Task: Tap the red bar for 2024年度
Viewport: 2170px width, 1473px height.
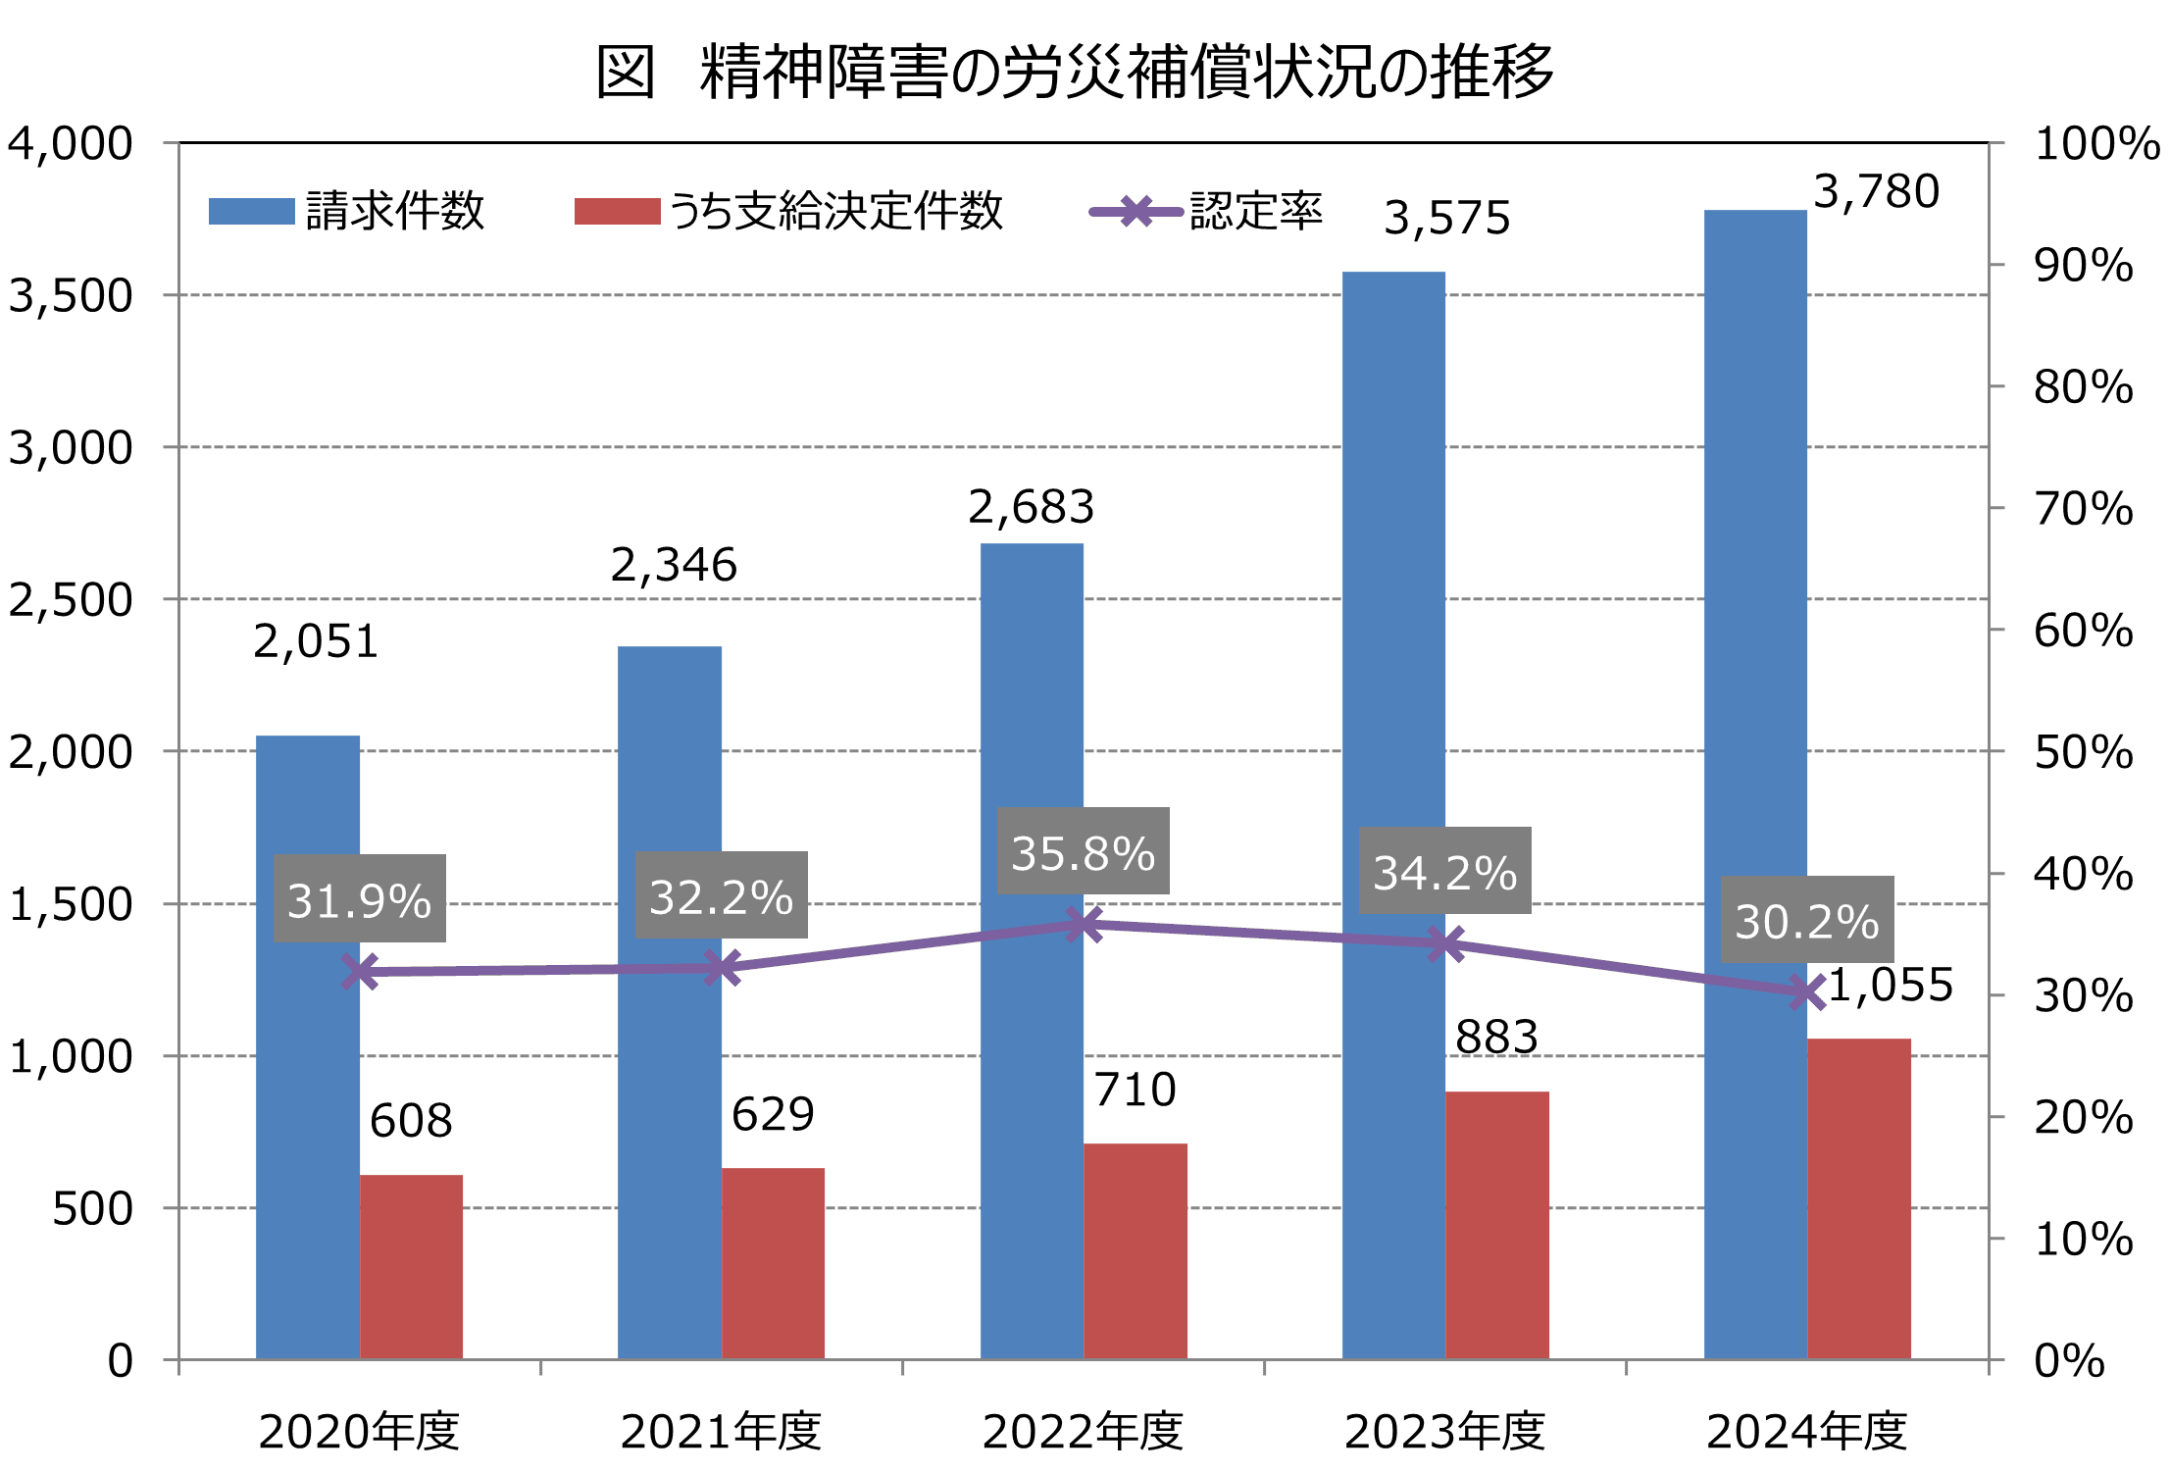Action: click(1859, 1198)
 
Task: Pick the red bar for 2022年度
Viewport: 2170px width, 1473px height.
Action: click(1135, 1250)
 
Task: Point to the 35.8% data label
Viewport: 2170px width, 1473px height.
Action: click(1084, 851)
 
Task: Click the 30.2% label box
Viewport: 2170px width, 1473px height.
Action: click(1807, 920)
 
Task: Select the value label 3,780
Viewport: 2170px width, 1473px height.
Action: click(1876, 191)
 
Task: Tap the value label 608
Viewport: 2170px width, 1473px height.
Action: click(411, 1120)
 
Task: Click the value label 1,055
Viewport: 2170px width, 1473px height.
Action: click(1891, 985)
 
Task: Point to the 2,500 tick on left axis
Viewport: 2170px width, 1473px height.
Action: click(71, 599)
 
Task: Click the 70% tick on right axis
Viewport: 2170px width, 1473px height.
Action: click(2083, 508)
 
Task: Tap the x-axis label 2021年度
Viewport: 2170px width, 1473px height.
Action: click(721, 1431)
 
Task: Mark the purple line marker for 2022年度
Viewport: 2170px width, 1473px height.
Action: click(1084, 924)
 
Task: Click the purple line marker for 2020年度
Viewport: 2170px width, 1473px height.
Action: click(360, 972)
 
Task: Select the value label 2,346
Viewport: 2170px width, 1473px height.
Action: click(674, 565)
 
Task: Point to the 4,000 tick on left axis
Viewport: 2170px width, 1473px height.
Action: click(71, 143)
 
